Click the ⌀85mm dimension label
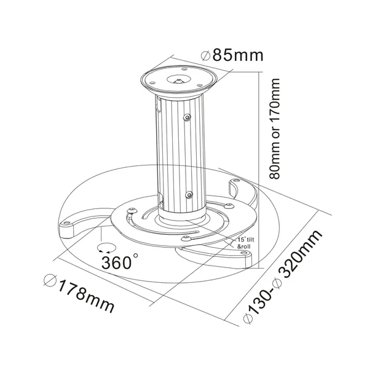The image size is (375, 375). point(232,55)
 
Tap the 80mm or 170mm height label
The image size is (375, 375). point(274,128)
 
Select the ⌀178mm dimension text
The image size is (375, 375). point(79,293)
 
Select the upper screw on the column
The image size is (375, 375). point(187,117)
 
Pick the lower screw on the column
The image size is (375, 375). point(189,195)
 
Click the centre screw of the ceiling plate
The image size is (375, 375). point(178,81)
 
